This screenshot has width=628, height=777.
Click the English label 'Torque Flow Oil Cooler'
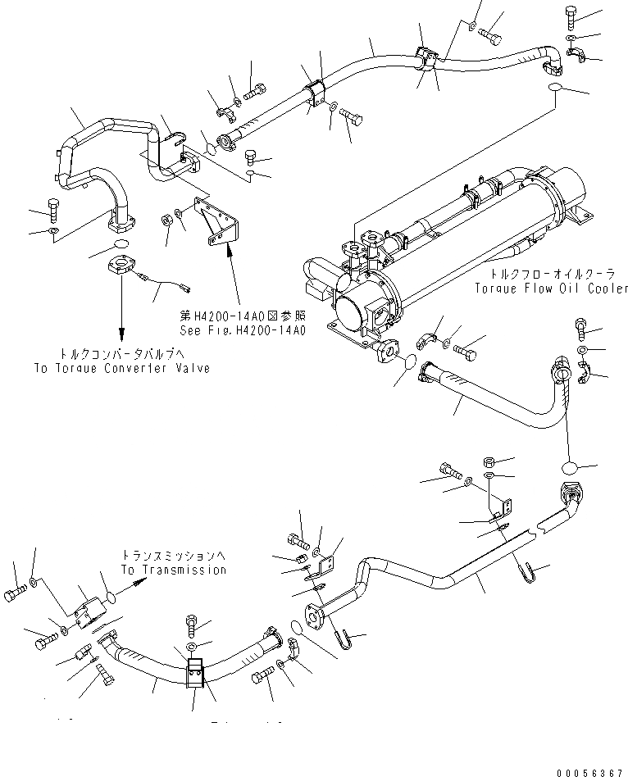[x=551, y=289]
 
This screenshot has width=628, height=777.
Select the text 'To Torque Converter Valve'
[x=121, y=368]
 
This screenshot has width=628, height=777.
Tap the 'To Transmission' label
[x=173, y=570]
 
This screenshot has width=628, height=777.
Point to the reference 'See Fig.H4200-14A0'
[x=243, y=330]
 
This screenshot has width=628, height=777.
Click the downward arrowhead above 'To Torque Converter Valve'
[x=121, y=335]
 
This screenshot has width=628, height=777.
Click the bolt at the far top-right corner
[x=572, y=15]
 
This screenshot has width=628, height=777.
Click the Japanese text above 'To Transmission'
[x=173, y=555]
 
